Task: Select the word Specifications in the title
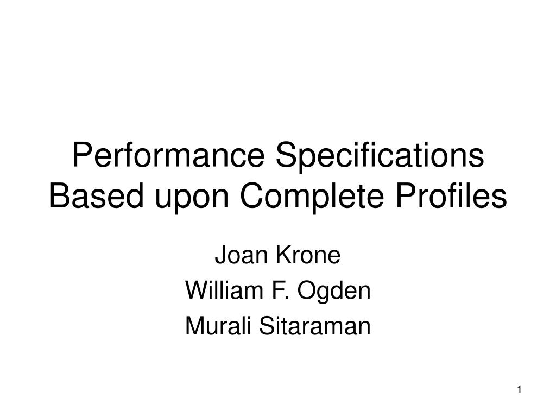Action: (x=380, y=157)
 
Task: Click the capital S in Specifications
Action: (x=287, y=157)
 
